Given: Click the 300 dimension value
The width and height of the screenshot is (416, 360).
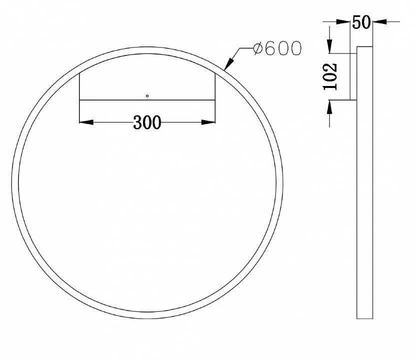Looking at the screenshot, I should [x=147, y=122].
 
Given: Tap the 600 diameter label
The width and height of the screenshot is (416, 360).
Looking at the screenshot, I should [x=277, y=48].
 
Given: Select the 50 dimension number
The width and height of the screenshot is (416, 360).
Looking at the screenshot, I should [x=361, y=23].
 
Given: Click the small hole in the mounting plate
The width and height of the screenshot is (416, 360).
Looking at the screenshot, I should [x=147, y=95].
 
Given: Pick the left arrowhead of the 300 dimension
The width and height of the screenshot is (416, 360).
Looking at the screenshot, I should [x=85, y=121].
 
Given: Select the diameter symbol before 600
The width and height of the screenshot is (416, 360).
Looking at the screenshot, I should [x=258, y=48].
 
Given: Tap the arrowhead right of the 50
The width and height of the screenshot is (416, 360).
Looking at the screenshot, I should [x=378, y=22].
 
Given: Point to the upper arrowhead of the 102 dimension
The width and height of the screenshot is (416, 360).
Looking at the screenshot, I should [x=330, y=47].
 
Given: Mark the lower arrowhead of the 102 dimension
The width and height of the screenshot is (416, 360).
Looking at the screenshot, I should [x=330, y=105].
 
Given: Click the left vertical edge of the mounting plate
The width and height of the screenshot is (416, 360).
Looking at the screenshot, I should [x=80, y=85].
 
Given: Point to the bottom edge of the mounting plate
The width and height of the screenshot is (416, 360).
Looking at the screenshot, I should [x=147, y=100].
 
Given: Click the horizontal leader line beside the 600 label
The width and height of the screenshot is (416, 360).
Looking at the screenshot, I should [x=245, y=48].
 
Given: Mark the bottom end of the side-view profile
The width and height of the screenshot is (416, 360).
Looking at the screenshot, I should [x=364, y=318].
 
